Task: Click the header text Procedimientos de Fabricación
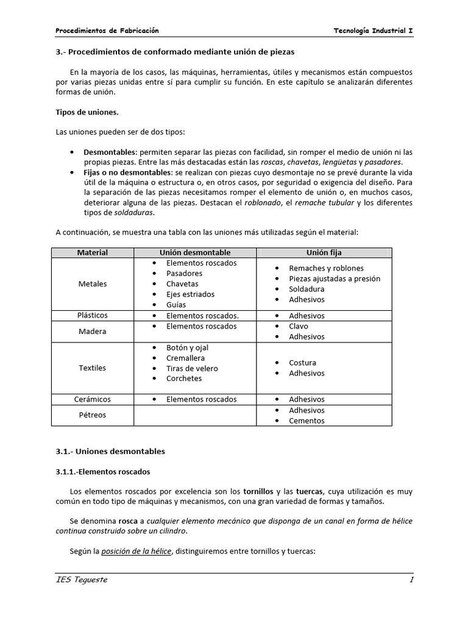[107, 30]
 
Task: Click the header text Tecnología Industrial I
[374, 30]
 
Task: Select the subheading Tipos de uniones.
[87, 112]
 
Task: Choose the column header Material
[93, 252]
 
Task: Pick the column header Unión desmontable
[195, 252]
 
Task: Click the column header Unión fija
[324, 252]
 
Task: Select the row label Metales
[93, 284]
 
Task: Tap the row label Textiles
[93, 368]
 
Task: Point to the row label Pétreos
[93, 415]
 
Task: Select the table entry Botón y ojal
[187, 347]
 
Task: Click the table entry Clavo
[299, 326]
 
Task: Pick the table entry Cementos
[307, 420]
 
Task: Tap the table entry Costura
[302, 363]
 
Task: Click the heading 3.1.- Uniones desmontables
[110, 452]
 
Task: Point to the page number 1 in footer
[411, 580]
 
